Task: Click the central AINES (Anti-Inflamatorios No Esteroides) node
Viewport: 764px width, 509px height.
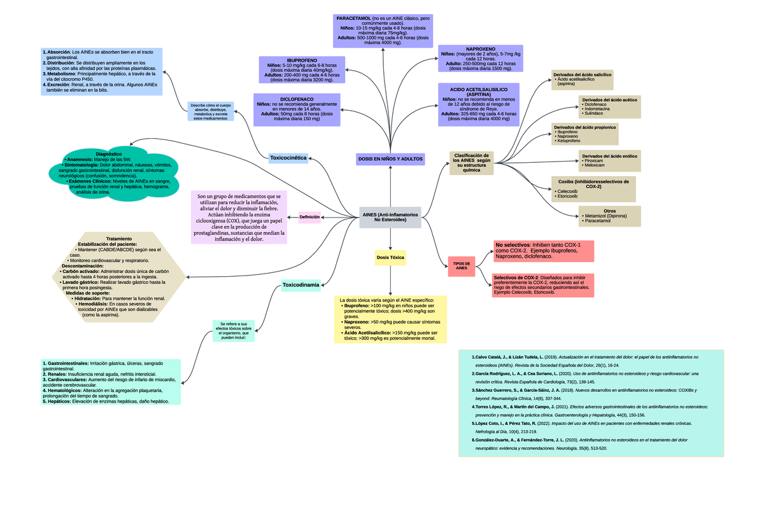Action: pos(390,218)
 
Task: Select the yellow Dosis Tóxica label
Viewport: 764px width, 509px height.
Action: pos(390,258)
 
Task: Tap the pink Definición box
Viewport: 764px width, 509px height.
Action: pos(309,217)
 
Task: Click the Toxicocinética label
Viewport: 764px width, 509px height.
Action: pos(288,157)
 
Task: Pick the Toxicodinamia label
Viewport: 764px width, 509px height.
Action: pos(300,285)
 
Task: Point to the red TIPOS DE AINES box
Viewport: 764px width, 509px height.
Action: pos(461,266)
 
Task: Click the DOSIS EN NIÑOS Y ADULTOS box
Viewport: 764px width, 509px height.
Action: pos(390,158)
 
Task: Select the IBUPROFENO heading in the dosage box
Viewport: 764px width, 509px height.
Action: pos(301,60)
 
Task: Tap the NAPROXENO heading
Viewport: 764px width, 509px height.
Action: pos(481,49)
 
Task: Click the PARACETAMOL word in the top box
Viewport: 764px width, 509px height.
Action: pos(354,18)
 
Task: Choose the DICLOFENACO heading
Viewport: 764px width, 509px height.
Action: pos(296,99)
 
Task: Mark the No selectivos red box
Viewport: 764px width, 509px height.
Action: pos(543,251)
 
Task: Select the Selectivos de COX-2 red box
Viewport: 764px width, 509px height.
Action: pos(543,285)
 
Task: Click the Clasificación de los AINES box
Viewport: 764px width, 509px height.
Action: pos(471,162)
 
